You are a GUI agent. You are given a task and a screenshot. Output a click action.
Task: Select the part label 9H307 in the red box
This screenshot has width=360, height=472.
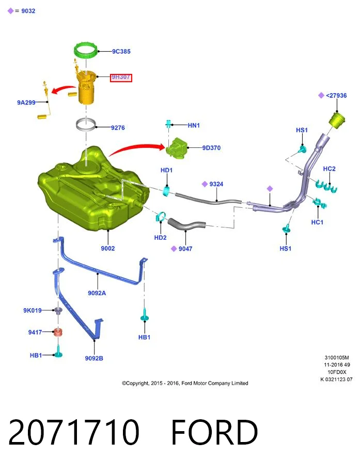point(121,77)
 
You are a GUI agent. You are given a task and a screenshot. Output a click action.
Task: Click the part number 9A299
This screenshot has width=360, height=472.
point(26,103)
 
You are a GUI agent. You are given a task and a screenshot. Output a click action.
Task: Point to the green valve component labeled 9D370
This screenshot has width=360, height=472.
point(176,148)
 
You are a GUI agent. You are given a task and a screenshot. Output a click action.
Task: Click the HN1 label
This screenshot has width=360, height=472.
point(194,125)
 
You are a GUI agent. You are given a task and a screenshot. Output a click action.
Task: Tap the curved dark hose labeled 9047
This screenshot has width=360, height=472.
point(186,224)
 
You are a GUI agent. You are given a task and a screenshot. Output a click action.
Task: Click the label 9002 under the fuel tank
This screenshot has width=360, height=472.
point(107,248)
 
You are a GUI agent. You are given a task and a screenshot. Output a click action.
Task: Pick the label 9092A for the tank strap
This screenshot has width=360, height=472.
point(97,293)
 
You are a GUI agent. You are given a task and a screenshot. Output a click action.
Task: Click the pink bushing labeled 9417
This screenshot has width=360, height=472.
point(58,332)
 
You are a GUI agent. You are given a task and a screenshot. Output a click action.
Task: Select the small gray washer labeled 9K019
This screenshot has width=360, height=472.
point(58,310)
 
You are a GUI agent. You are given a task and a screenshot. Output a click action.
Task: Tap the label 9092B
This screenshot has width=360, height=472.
point(94,358)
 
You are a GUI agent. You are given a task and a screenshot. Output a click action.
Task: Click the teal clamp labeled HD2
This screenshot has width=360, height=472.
point(161,217)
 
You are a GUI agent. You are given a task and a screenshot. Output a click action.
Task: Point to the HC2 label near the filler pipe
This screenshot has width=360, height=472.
point(329,169)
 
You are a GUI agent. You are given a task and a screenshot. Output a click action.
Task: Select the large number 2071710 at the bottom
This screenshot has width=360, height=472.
point(74,432)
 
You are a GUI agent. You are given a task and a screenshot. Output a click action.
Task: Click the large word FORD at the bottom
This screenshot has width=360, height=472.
point(214,432)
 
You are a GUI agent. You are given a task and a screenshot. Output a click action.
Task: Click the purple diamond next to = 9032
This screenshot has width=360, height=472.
point(10,11)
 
